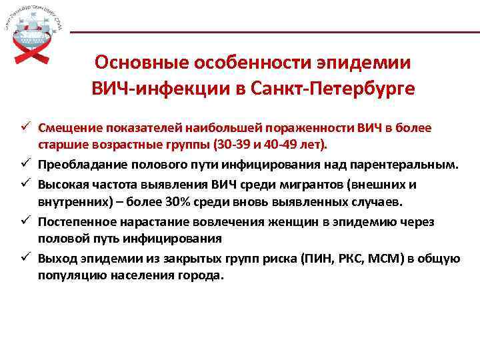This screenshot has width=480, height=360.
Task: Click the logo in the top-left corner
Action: (x=33, y=33)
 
